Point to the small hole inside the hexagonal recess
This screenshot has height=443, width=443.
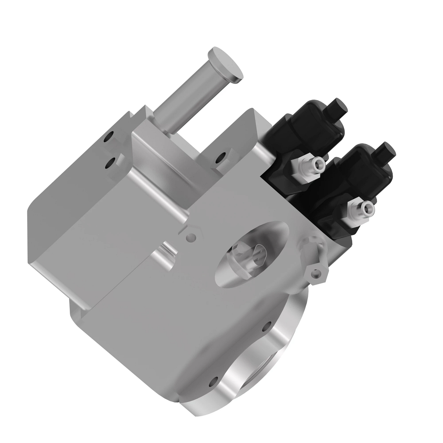[x=191, y=237]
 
